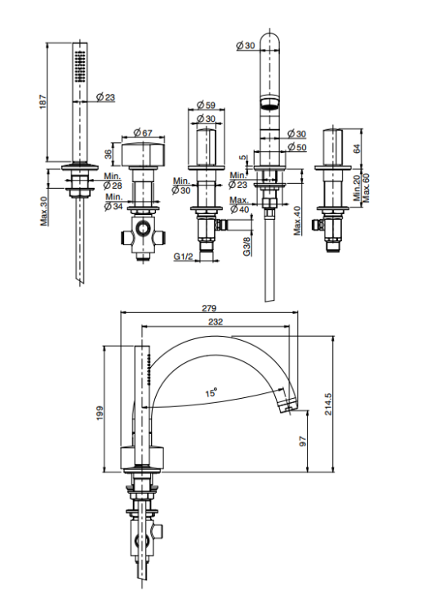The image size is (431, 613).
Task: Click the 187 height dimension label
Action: [x=43, y=101]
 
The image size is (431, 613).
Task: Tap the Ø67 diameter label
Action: [x=143, y=132]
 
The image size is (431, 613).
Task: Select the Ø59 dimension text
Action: [x=206, y=105]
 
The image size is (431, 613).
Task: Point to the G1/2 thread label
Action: [x=184, y=257]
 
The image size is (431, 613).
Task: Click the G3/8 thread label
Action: [x=247, y=246]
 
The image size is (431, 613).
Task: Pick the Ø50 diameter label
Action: [x=297, y=147]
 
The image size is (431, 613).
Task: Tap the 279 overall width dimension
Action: [x=209, y=308]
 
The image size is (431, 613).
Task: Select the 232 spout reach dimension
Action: [x=215, y=321]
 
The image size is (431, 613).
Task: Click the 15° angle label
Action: [x=211, y=392]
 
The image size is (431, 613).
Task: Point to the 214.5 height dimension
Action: [x=328, y=404]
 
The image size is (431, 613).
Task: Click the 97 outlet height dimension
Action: [x=303, y=441]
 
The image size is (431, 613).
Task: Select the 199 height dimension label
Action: [x=100, y=414]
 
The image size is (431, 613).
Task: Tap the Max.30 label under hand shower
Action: [x=44, y=211]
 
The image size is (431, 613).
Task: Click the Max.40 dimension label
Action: [x=297, y=221]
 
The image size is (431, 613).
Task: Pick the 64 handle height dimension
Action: [x=356, y=148]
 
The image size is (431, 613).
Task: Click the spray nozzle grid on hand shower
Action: [x=80, y=67]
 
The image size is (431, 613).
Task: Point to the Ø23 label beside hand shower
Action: [x=106, y=96]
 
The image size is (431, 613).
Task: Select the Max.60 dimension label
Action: [x=366, y=188]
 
